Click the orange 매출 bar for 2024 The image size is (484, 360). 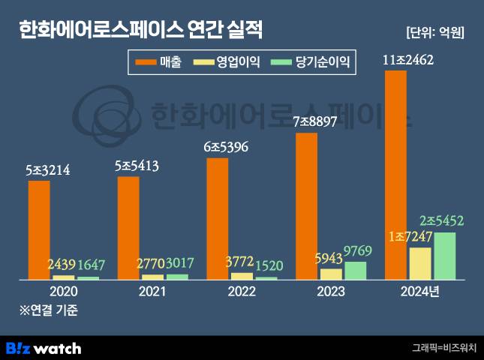(x=395, y=175)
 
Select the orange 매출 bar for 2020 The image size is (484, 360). (x=39, y=229)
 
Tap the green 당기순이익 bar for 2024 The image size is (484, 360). (x=444, y=256)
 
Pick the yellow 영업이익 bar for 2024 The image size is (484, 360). (x=420, y=263)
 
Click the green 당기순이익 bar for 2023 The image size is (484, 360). (x=356, y=270)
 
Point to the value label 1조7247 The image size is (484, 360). (x=410, y=237)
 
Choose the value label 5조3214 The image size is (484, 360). (x=47, y=170)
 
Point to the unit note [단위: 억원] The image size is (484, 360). (x=434, y=32)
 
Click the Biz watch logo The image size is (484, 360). (x=44, y=348)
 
